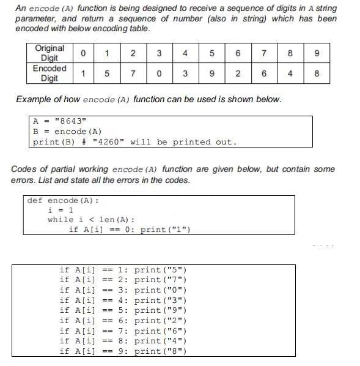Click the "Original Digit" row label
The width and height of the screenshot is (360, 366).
pyautogui.click(x=50, y=53)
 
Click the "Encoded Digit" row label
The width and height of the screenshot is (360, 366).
pyautogui.click(x=50, y=73)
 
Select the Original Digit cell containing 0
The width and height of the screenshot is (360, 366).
pyautogui.click(x=83, y=53)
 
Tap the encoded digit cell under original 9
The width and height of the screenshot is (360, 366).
pyautogui.click(x=316, y=73)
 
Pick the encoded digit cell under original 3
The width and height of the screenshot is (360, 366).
pyautogui.click(x=159, y=73)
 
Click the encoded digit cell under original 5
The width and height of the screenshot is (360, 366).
pyautogui.click(x=211, y=73)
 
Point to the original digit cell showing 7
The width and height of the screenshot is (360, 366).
pyautogui.click(x=263, y=53)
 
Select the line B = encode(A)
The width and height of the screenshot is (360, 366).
pyautogui.click(x=67, y=131)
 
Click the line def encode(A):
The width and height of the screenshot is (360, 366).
pyautogui.click(x=63, y=200)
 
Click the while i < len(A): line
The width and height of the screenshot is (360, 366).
pyautogui.click(x=91, y=220)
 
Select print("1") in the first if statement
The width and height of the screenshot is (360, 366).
pyautogui.click(x=165, y=230)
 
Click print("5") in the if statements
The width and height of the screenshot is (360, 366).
pyautogui.click(x=160, y=269)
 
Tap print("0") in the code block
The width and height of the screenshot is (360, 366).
pyautogui.click(x=160, y=289)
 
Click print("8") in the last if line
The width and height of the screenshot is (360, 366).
pyautogui.click(x=160, y=351)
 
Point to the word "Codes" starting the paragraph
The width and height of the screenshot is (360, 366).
pyautogui.click(x=24, y=169)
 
